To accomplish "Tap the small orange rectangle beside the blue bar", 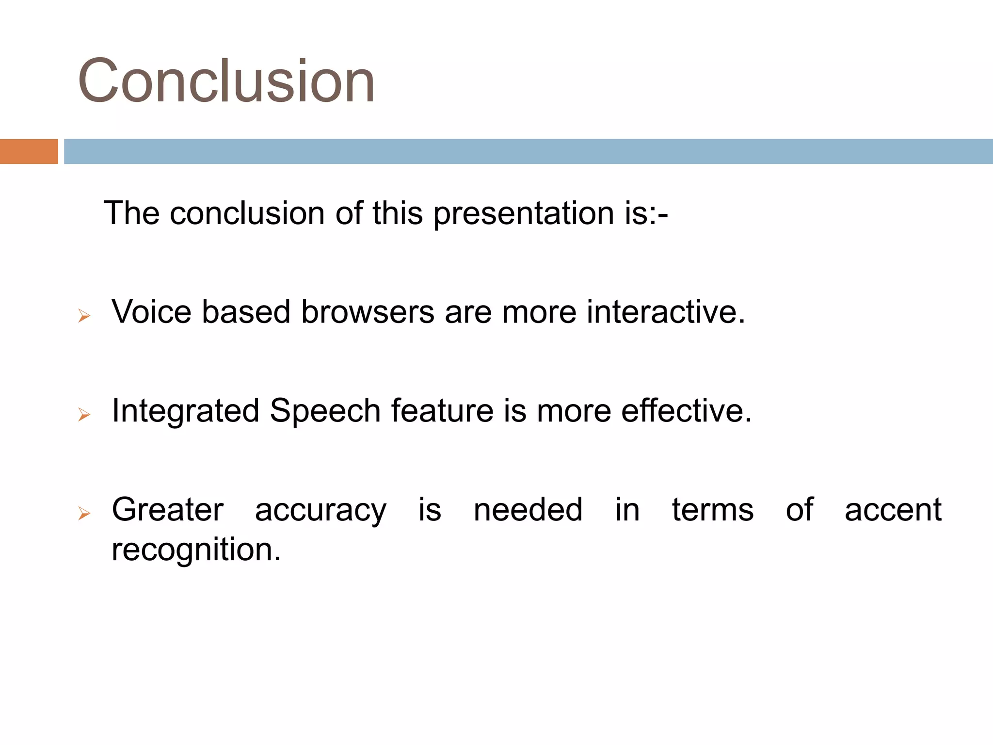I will tap(29, 151).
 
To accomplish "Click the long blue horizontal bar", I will tap(528, 151).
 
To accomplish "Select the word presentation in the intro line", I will tap(524, 213).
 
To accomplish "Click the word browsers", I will tap(368, 311).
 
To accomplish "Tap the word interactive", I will tap(665, 311).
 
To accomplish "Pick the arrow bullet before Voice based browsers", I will tap(84, 316).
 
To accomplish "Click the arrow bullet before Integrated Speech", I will tap(84, 415).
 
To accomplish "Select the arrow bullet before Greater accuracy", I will tap(84, 513).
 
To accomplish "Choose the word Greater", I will tap(167, 510).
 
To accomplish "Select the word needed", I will tap(528, 510).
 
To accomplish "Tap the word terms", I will tap(712, 510).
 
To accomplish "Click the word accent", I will tap(893, 510).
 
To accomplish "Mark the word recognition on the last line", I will tap(196, 550).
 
